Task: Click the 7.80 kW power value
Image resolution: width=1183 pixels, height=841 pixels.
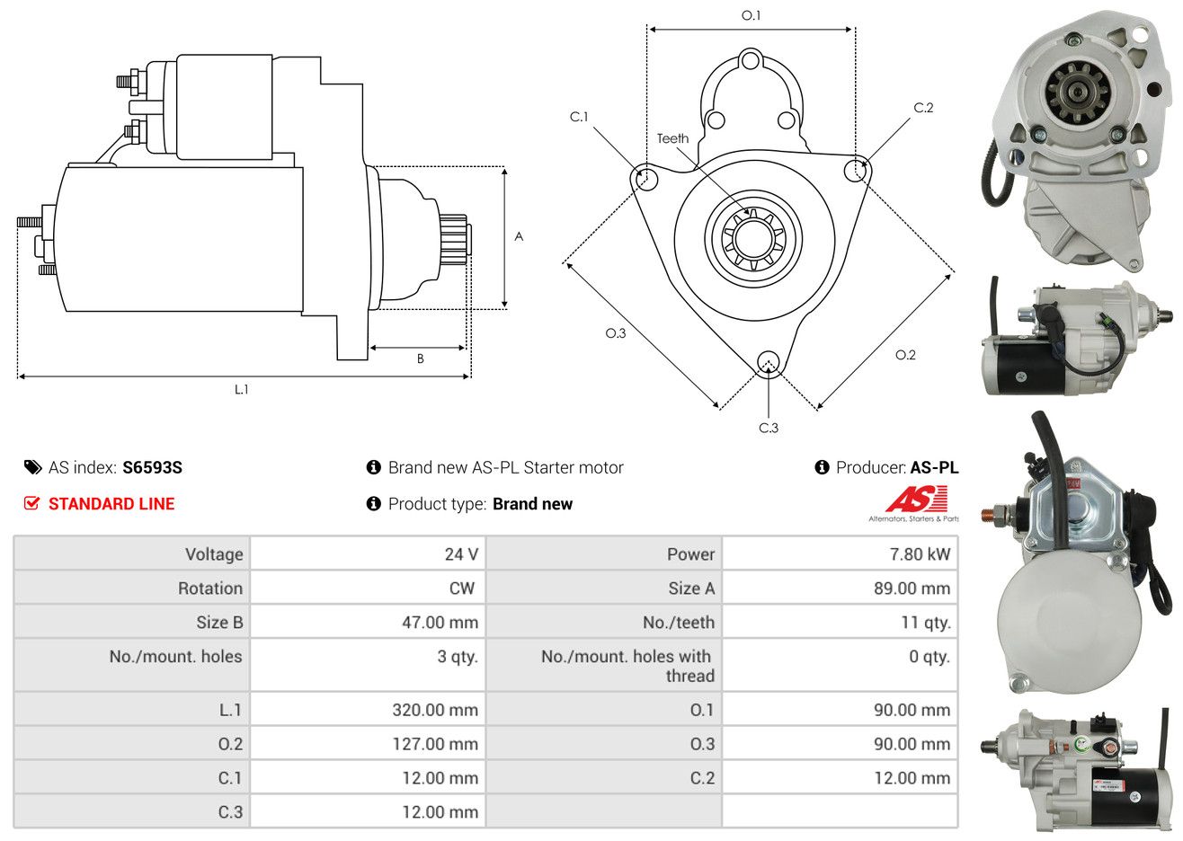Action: pos(920,553)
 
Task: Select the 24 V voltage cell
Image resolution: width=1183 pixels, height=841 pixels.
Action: pos(461,553)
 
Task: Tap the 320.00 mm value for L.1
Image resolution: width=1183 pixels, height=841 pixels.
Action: pos(435,710)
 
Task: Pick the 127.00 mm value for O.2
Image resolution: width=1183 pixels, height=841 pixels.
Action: pos(435,744)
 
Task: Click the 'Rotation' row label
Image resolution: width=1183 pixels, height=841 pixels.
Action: pos(210,589)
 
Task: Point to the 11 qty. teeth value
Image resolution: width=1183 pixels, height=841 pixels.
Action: pos(926,623)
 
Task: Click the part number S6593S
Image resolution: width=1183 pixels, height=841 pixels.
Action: pos(152,467)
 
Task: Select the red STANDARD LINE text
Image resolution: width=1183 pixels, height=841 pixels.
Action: pos(111,504)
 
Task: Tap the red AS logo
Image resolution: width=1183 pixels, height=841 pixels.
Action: pos(917,499)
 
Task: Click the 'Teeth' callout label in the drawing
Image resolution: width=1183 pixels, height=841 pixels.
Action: pos(672,138)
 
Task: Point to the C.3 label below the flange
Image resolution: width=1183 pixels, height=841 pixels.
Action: pos(769,428)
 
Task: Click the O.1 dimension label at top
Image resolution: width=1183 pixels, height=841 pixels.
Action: pos(751,15)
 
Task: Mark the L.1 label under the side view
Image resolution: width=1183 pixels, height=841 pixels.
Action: pos(241,390)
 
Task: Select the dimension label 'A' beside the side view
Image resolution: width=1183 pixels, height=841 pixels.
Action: pos(519,236)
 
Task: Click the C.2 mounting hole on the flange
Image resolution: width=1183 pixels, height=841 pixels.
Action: pos(855,170)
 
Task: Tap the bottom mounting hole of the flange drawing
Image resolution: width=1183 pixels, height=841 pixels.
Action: pos(769,363)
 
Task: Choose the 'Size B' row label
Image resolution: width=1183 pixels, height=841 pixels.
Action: pos(219,623)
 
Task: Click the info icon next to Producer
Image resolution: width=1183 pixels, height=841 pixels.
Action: pos(822,467)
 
